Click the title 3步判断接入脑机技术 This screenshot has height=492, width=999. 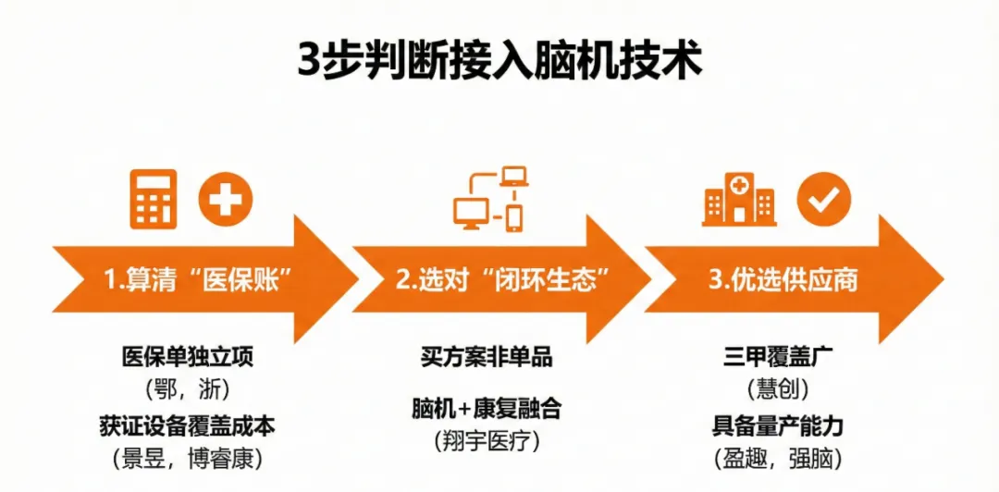tap(499, 61)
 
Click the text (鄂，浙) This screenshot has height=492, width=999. tap(187, 387)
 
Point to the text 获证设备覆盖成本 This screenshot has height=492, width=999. tap(187, 427)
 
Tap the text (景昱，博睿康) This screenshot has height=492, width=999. tap(187, 458)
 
